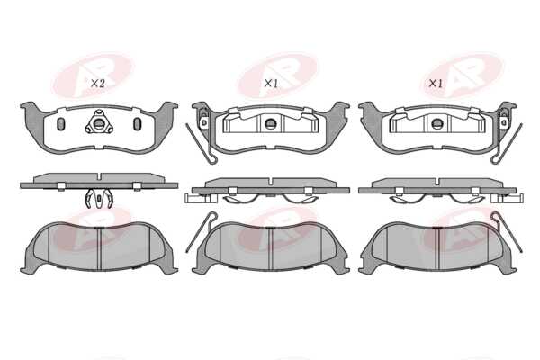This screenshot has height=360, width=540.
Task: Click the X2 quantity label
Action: point(97,84)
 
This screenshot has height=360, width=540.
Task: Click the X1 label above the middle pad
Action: point(272,84)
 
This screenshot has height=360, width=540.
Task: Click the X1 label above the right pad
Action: point(436,84)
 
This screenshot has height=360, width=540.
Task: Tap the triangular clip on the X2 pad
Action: point(99,122)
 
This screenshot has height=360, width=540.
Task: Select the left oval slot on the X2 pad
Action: point(60,124)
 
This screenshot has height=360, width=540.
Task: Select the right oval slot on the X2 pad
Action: point(137,124)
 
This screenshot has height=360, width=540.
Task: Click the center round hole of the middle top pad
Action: point(270,123)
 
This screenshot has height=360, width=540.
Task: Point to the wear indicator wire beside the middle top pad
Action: point(200,143)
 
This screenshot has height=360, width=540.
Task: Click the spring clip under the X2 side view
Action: point(99,198)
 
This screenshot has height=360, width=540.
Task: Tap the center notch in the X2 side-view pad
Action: point(99,177)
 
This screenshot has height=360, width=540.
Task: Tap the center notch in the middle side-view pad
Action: point(272,182)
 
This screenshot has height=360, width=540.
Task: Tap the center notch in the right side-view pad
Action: point(438,182)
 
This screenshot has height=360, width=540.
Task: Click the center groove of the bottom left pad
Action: point(99,248)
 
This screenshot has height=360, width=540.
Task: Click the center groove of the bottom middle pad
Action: point(271,248)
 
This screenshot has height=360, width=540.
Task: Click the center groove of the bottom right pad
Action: point(438,248)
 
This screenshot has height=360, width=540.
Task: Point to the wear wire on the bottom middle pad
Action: point(199,233)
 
